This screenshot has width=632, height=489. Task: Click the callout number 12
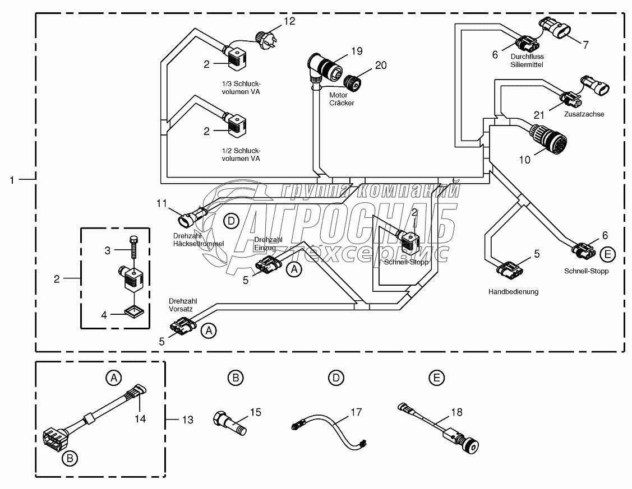(x=289, y=22)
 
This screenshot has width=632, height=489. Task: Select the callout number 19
(x=357, y=51)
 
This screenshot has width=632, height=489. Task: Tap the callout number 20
(x=381, y=66)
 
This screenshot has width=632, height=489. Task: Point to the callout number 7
(x=585, y=45)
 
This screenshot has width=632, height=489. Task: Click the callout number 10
(x=524, y=160)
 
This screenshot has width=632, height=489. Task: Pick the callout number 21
(x=539, y=115)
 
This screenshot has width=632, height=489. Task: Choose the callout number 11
(x=162, y=203)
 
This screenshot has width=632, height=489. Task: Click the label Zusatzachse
(x=585, y=114)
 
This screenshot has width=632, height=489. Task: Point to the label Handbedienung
(x=513, y=292)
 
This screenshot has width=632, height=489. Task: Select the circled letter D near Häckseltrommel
(x=231, y=221)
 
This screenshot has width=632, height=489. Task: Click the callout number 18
(x=457, y=412)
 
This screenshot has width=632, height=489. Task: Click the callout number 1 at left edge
(x=12, y=179)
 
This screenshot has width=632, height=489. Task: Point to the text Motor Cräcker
(x=342, y=99)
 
